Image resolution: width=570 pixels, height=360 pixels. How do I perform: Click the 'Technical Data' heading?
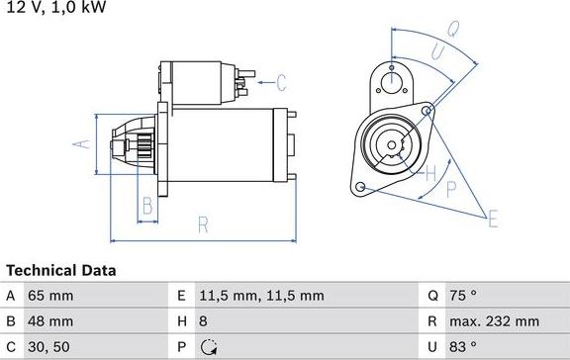click(x=61, y=270)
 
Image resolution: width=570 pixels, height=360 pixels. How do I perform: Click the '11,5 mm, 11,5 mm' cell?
click(x=262, y=295)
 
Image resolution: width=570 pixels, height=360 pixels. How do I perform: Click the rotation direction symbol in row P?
click(x=208, y=347)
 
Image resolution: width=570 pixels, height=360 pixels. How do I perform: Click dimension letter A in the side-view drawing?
click(x=83, y=145)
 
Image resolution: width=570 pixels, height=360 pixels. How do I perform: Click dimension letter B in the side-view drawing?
click(x=146, y=206)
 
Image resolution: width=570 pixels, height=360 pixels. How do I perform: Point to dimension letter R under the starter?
click(x=202, y=225)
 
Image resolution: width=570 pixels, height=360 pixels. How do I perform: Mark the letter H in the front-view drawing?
click(x=429, y=176)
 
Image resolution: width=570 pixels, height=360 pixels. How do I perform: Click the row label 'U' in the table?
click(x=433, y=347)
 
